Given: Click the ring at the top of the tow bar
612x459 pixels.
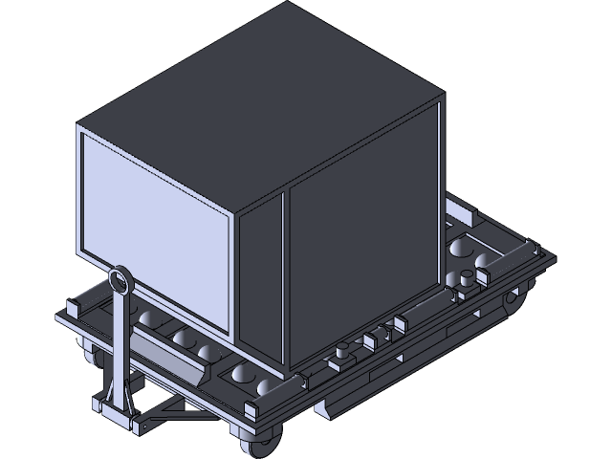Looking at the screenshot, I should (x=120, y=280).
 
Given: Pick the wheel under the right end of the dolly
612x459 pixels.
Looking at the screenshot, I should (x=514, y=303).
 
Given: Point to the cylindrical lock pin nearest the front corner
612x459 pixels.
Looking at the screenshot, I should (x=340, y=351).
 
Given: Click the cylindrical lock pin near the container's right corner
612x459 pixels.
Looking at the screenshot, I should (x=466, y=280).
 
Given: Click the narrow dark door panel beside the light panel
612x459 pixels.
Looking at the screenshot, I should (x=260, y=287).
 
